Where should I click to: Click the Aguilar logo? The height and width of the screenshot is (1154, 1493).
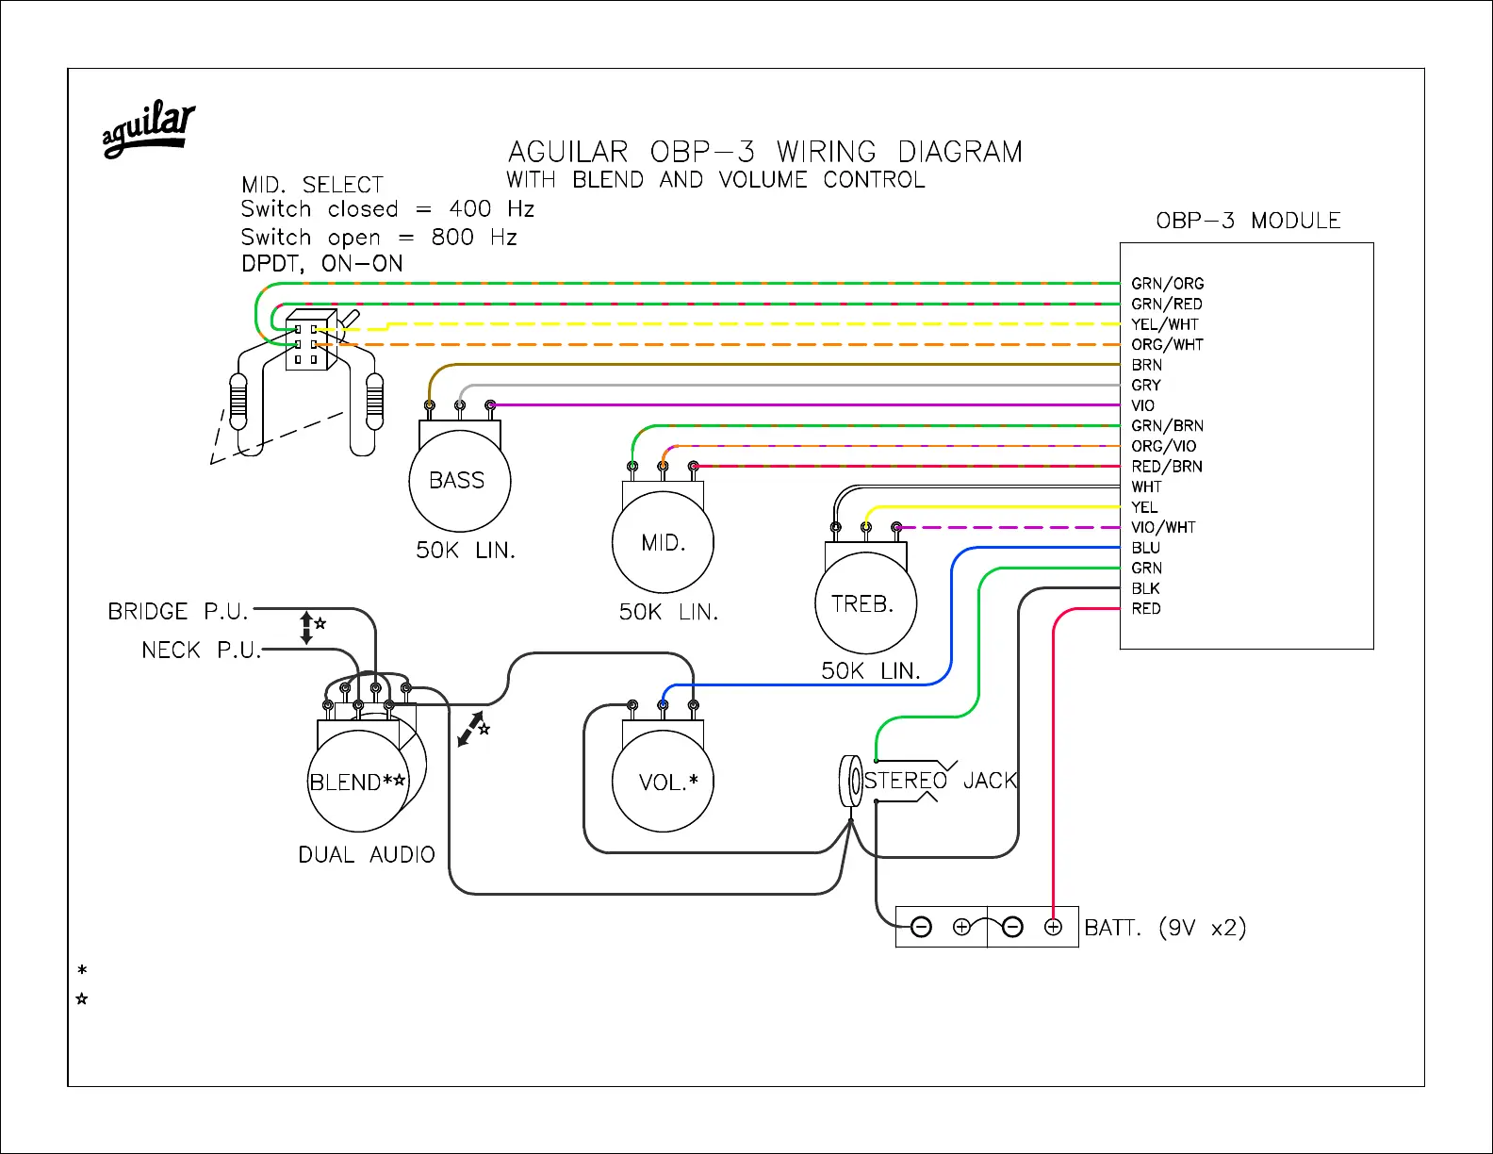[x=148, y=128]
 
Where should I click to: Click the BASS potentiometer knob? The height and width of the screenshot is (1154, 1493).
[x=459, y=481]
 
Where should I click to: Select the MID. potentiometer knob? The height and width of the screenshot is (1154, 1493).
[x=663, y=543]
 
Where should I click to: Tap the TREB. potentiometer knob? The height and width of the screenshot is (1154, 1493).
[x=865, y=603]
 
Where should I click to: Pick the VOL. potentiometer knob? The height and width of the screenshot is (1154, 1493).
[x=663, y=782]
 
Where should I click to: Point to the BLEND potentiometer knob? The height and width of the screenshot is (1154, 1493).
[x=358, y=782]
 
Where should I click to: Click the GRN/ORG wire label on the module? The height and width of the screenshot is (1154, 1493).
[x=1167, y=284]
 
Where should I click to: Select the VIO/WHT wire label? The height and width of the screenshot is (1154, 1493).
[x=1163, y=528]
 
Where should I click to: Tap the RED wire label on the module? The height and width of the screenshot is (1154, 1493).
[x=1146, y=609]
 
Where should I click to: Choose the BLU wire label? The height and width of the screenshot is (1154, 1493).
[x=1145, y=548]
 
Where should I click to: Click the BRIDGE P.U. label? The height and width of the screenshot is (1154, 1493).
[x=177, y=612]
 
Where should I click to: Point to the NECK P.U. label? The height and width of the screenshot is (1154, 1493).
[x=201, y=651]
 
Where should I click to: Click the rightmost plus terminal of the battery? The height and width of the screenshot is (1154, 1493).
[x=1053, y=928]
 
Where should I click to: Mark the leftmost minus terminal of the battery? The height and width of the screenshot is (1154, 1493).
[x=922, y=928]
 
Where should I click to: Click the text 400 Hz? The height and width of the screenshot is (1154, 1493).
[x=491, y=208]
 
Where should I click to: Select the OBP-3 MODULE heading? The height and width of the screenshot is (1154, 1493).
[x=1247, y=221]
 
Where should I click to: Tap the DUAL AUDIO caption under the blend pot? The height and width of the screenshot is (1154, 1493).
[x=366, y=855]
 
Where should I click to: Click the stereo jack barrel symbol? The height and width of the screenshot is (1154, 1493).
[x=850, y=781]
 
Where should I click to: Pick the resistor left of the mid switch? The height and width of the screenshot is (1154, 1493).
[x=238, y=401]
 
